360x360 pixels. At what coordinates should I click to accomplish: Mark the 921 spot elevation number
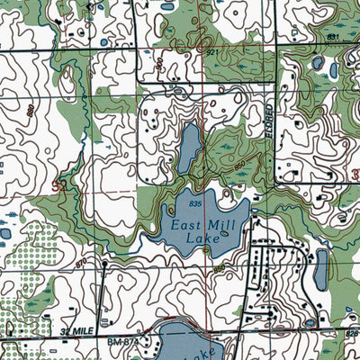point(212,54)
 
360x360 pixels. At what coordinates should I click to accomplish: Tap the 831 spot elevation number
point(332,36)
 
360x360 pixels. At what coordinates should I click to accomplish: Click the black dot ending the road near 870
point(105,265)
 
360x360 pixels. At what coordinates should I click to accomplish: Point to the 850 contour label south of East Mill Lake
point(220,268)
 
